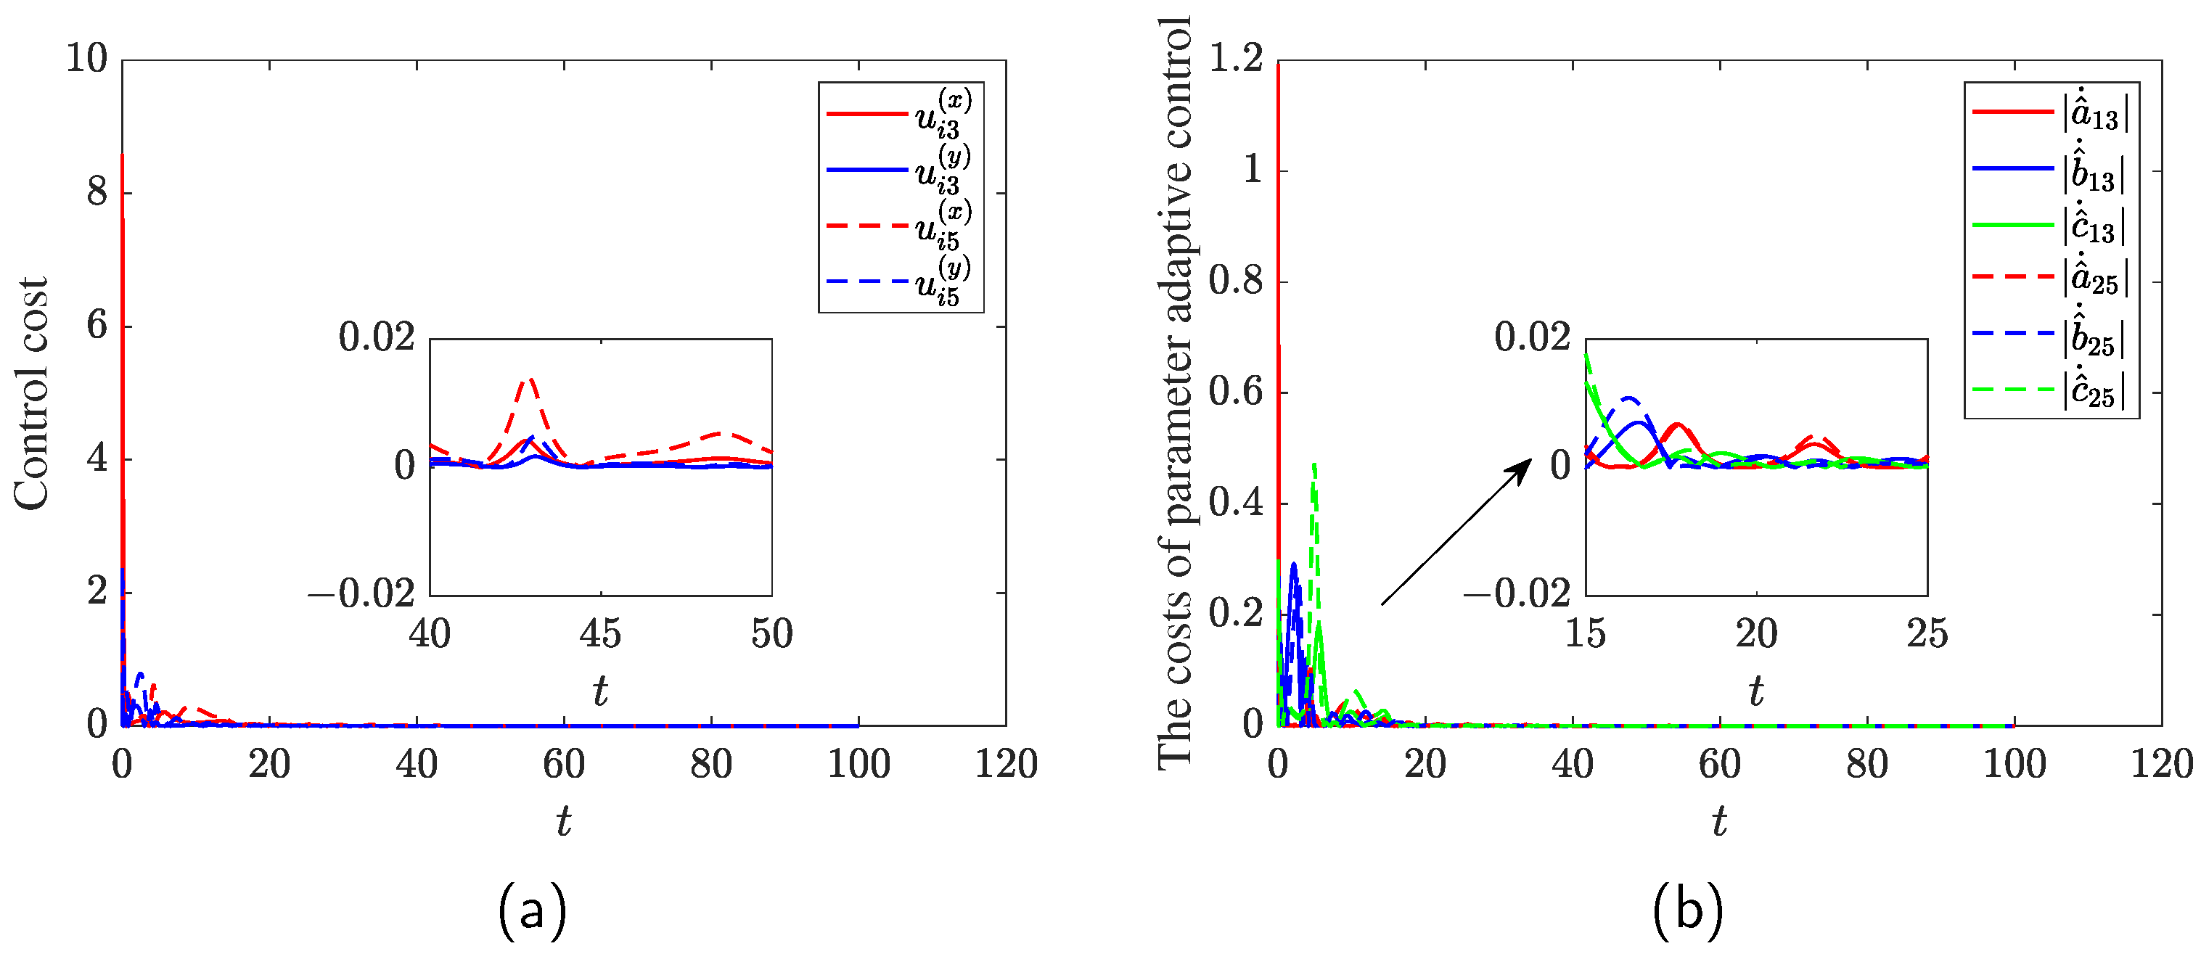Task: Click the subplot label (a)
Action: (531, 910)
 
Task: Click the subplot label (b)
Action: (1687, 910)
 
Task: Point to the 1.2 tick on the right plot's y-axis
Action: (1236, 59)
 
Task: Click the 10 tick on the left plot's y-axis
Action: (87, 59)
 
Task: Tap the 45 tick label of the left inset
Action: (600, 634)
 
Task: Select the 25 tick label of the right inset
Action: (1927, 634)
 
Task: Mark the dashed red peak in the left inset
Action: (530, 379)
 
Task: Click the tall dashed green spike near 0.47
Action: (1314, 466)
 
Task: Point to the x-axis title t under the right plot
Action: (1719, 822)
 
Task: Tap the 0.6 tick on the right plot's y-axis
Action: (1236, 393)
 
